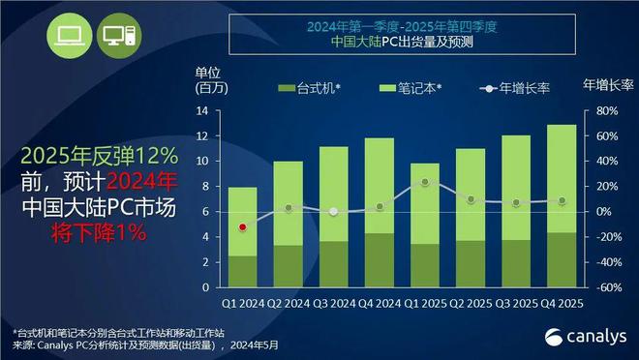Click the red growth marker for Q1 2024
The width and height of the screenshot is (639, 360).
coord(242,227)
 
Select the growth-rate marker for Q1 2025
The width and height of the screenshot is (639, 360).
coord(425,182)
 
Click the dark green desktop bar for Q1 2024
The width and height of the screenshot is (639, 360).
coord(242,271)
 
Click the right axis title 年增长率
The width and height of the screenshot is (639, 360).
coord(608,84)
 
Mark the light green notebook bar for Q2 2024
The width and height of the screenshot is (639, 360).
coord(288,203)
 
